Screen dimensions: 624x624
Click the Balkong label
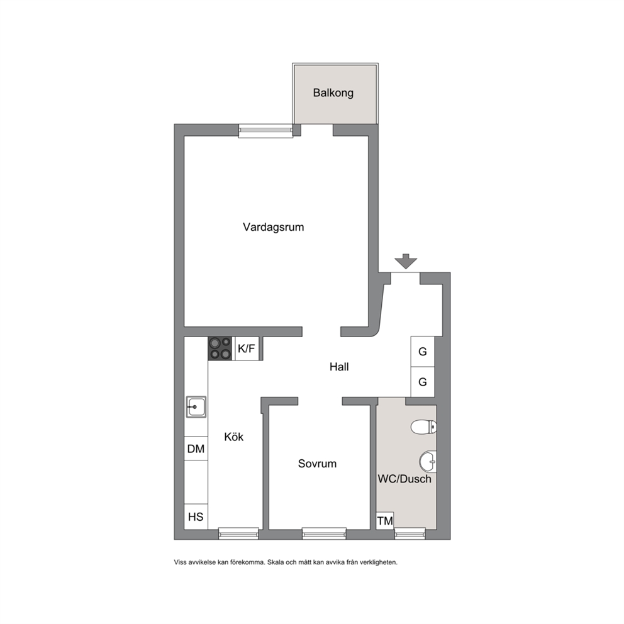point(333,93)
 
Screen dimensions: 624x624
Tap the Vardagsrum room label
point(274,227)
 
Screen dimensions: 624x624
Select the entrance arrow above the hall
point(406,262)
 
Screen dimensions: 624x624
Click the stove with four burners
point(220,348)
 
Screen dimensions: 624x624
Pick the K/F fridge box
point(247,349)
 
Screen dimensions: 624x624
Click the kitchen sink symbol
point(196,407)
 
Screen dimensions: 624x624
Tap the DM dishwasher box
point(196,448)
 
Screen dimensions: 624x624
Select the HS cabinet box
point(196,516)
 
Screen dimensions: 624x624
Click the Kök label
point(233,437)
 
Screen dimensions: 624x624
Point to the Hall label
point(339,367)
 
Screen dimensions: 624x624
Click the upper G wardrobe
point(423,352)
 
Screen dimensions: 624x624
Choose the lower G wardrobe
point(423,382)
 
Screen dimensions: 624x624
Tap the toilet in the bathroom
point(423,427)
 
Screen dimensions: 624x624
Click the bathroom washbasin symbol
point(428,462)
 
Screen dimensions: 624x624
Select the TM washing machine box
point(385,521)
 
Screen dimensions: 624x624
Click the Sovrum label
point(317,464)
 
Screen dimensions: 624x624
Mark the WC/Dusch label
point(404,479)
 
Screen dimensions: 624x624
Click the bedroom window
point(324,533)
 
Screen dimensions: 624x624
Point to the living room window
point(265,131)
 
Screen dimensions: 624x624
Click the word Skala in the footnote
point(275,562)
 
